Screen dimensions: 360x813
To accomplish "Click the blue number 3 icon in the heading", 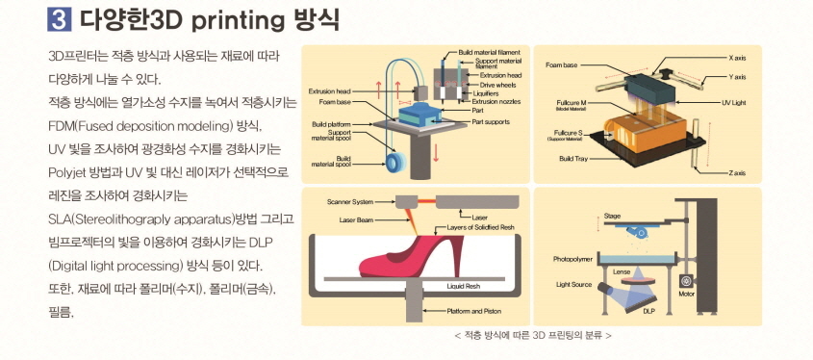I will [x=61, y=18].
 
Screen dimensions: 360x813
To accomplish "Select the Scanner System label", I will [x=349, y=202].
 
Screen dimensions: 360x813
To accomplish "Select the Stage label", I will [x=613, y=216].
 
